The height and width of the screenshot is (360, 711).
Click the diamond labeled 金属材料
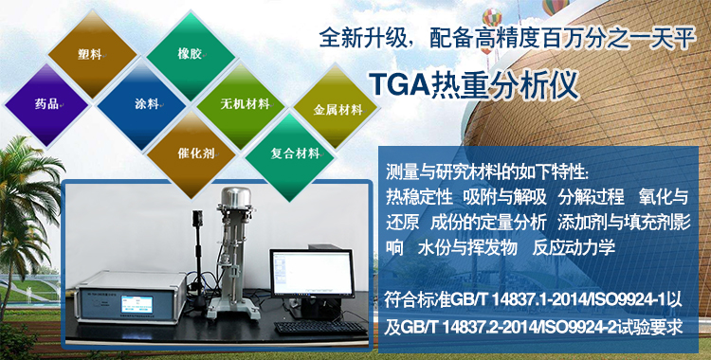pos(337,110)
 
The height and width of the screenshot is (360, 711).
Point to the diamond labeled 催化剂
pos(190,152)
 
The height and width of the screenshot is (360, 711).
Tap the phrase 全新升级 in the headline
pos(355,41)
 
